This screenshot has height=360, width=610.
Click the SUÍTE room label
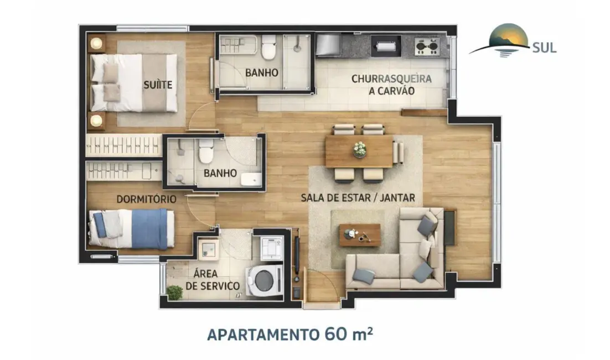coord(158,85)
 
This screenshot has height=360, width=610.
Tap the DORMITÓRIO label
coord(146,198)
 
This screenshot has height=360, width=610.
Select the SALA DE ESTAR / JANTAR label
coord(358,197)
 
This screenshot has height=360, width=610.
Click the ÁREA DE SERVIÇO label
coord(213,280)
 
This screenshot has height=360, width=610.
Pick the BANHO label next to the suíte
coord(261,73)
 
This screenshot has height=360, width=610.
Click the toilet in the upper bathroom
coord(269,48)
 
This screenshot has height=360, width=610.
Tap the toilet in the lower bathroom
coord(206,151)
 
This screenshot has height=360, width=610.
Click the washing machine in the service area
coord(263,281)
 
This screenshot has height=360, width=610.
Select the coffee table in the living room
coord(360,235)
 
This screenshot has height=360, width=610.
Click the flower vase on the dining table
coord(360,148)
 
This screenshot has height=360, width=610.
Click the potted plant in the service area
coord(175,292)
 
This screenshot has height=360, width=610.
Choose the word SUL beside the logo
coord(544,47)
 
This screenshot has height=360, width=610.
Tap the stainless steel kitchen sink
coord(328,44)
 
